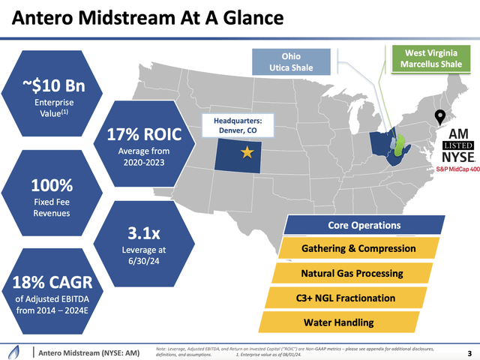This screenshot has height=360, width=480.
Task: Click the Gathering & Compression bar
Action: click(358, 248)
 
